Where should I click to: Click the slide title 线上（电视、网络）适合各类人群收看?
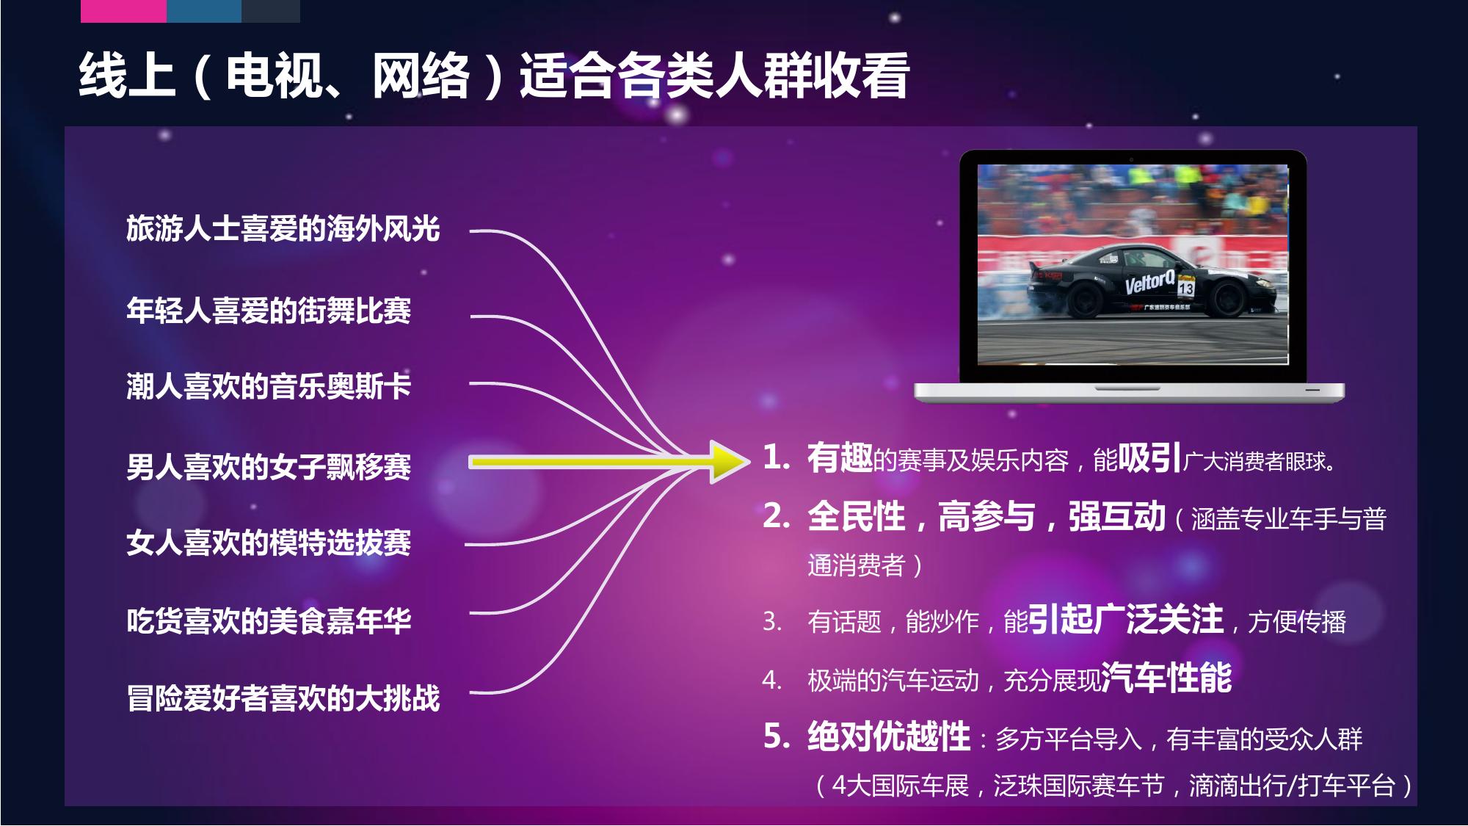click(494, 76)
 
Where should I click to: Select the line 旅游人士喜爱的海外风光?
click(283, 229)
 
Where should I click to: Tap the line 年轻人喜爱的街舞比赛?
click(269, 311)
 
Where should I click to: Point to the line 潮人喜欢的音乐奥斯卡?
click(269, 387)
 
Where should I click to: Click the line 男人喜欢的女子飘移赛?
click(269, 467)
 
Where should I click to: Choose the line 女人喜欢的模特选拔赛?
click(269, 543)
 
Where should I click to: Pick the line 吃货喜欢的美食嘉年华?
click(269, 621)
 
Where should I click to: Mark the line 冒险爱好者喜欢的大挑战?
click(283, 698)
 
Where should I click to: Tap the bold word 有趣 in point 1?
click(840, 458)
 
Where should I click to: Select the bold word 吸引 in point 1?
click(1150, 458)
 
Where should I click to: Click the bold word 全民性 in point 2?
click(856, 516)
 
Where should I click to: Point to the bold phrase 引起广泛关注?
click(1125, 619)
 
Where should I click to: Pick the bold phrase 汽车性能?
click(1166, 677)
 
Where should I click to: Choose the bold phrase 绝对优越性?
click(889, 736)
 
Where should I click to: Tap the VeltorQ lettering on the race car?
click(1149, 282)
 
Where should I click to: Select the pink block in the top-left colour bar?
click(123, 11)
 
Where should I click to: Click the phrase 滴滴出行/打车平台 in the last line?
click(1292, 786)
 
